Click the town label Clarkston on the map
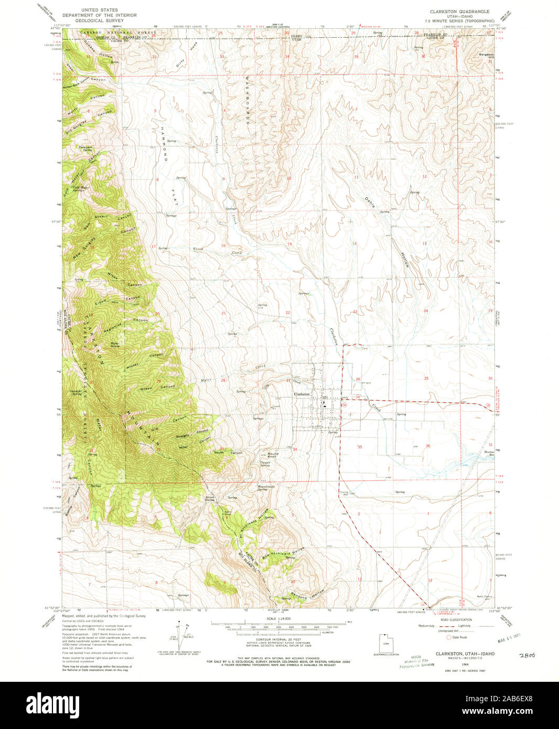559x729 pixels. [302, 394]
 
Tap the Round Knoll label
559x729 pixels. [273, 455]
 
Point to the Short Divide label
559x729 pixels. [210, 498]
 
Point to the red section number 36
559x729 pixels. [428, 446]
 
